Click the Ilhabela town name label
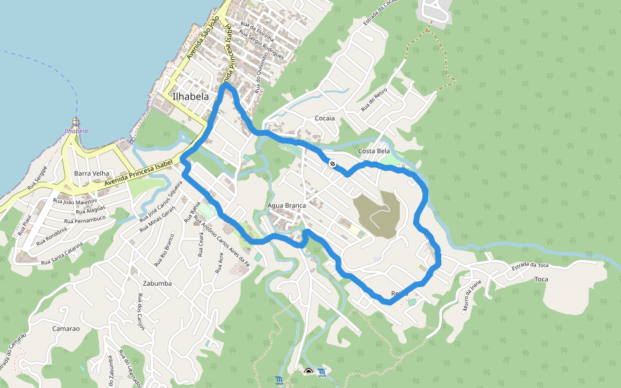click(x=191, y=96)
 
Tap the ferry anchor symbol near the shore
click(x=76, y=121)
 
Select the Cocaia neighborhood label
click(x=325, y=118)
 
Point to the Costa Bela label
click(x=374, y=151)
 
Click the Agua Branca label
click(x=287, y=206)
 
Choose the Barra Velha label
click(x=92, y=174)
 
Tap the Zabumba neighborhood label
click(x=157, y=283)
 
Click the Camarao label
click(x=66, y=329)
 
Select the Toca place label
click(x=541, y=279)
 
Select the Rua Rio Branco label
click(x=165, y=250)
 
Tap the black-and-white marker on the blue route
click(x=331, y=164)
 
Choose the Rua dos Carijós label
click(x=140, y=311)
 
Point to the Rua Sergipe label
click(x=37, y=178)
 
